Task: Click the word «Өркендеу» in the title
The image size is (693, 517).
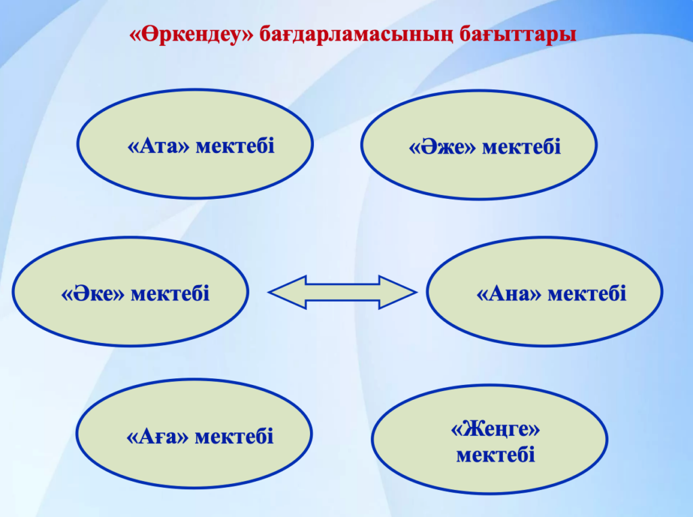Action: pos(192,34)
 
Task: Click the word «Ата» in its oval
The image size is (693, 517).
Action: pos(158,145)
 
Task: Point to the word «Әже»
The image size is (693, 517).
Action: pos(442,147)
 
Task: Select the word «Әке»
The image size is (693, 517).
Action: pos(93,294)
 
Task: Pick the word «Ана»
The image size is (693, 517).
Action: pos(509,294)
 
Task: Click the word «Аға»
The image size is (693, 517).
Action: pos(157,436)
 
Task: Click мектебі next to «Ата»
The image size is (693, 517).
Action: pos(235,145)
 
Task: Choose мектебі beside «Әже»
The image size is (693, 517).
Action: pos(522,147)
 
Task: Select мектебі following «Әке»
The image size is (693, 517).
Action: pos(170,294)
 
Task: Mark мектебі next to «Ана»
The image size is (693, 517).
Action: pos(587,294)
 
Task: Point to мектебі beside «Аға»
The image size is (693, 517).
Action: pos(234,436)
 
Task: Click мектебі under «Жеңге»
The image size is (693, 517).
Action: pos(495,455)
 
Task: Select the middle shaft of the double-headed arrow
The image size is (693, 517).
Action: pos(342,292)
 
